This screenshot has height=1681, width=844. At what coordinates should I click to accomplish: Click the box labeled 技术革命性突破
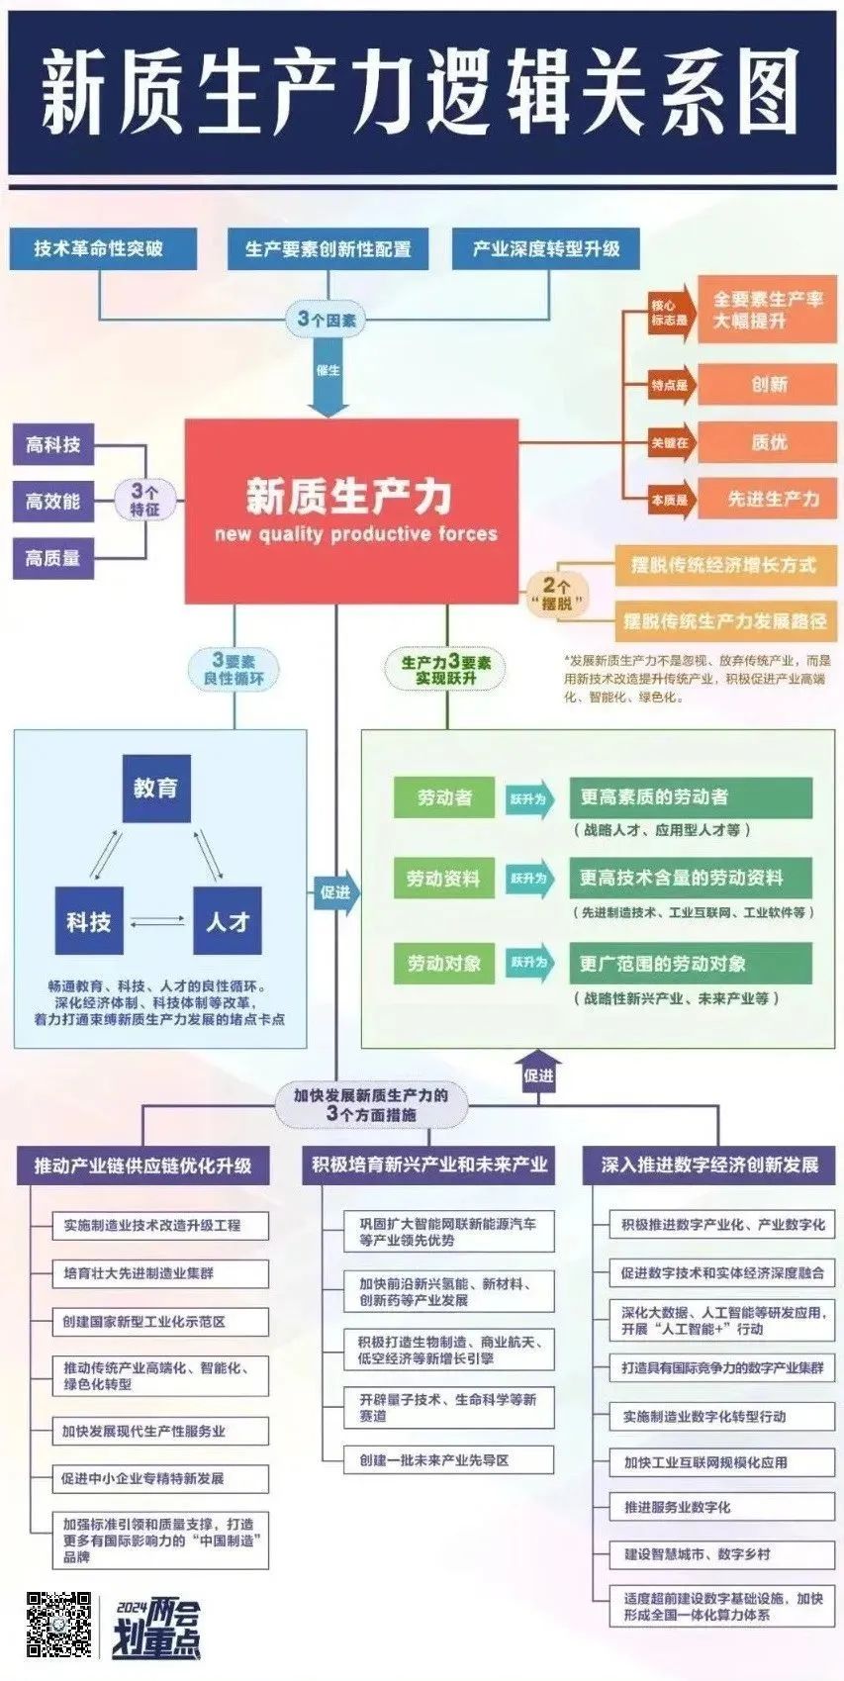point(98,248)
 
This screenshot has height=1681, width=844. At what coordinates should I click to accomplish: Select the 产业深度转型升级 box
point(545,248)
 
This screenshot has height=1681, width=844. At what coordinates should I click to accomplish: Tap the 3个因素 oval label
point(328,320)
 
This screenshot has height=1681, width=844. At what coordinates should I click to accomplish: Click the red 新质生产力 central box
point(351,510)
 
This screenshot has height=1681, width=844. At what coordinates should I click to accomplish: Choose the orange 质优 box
point(768,442)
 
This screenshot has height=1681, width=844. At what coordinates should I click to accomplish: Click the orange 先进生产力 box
point(768,499)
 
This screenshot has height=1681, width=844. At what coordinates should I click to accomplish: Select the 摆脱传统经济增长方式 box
point(724,565)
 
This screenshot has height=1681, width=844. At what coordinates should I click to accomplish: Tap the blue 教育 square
point(155,789)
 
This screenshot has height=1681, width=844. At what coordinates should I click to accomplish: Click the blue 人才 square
point(227,921)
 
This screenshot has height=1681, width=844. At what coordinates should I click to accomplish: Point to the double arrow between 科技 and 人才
point(157,921)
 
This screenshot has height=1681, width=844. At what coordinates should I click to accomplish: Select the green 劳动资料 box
point(442,879)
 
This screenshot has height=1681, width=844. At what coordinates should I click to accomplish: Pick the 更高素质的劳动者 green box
point(691,797)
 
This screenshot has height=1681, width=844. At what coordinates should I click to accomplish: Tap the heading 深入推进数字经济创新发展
point(709,1165)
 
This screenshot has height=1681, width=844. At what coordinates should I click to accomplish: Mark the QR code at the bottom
point(58,1624)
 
